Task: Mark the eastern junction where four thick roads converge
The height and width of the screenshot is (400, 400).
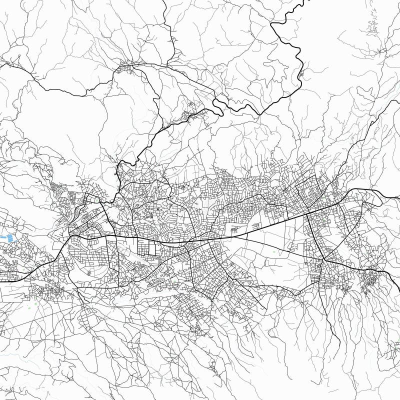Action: [324, 259]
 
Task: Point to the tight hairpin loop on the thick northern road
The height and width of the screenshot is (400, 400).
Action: [217, 103]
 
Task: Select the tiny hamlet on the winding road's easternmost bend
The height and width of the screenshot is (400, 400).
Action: [301, 74]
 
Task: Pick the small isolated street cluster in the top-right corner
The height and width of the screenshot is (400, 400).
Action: [372, 27]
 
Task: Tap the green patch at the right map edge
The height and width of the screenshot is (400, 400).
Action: [397, 343]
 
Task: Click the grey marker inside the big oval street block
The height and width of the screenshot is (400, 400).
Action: [89, 273]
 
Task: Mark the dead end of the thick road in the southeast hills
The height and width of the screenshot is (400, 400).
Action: [339, 350]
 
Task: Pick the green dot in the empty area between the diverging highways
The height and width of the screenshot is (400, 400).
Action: [274, 253]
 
